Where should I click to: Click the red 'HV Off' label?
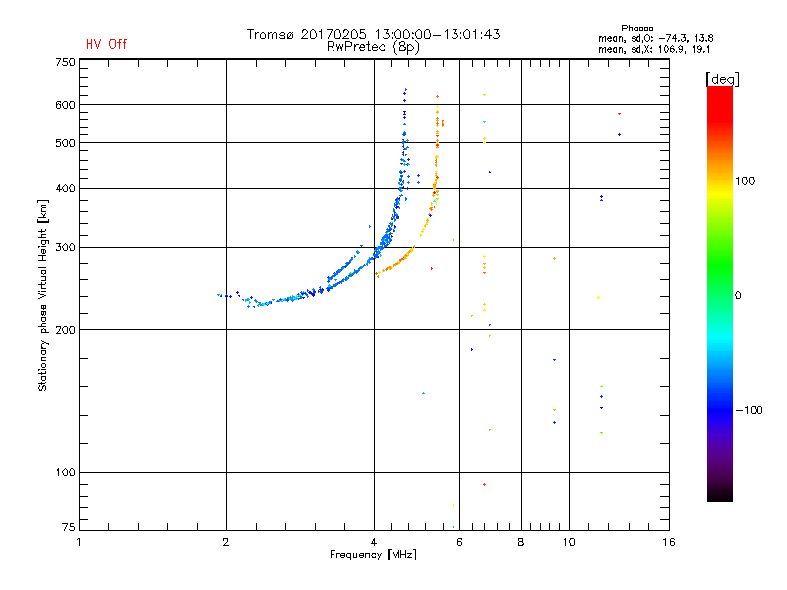[105, 44]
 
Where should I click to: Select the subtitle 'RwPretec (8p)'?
[373, 46]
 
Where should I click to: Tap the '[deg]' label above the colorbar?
[723, 78]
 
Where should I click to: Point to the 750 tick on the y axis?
[65, 62]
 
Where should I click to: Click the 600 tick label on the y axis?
[65, 105]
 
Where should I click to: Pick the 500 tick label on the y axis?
[65, 143]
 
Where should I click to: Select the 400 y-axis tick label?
[65, 188]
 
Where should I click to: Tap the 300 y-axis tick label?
[65, 247]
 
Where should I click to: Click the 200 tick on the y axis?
[65, 329]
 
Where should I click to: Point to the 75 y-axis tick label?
[68, 529]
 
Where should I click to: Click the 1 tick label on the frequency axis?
[80, 542]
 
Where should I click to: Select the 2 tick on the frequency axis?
[226, 542]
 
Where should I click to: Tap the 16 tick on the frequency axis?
[668, 542]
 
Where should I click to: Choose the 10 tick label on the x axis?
[568, 542]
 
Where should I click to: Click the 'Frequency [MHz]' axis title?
[373, 555]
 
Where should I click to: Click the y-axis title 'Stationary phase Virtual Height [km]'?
[43, 296]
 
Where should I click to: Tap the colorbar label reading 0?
[738, 295]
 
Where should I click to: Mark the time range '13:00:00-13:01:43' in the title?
[434, 34]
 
